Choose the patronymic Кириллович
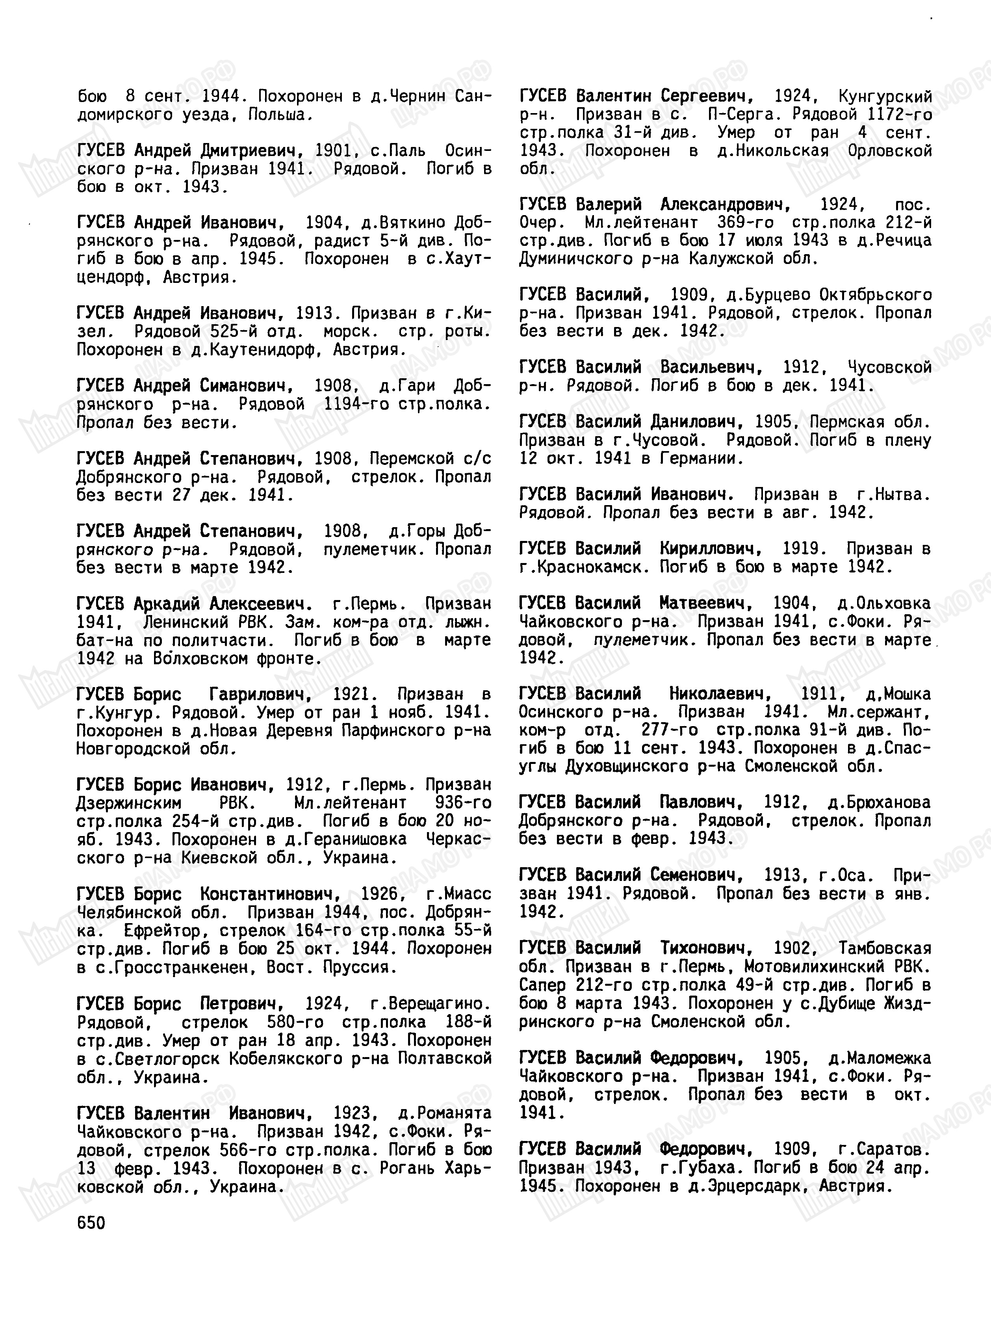(x=711, y=549)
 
